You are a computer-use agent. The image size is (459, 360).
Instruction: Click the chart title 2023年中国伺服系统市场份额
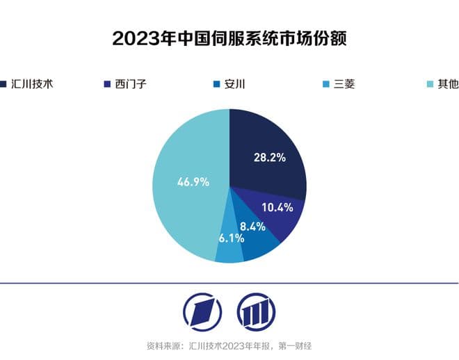229,38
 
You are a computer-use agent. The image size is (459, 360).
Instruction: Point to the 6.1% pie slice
229,250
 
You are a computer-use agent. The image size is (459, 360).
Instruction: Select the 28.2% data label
269,158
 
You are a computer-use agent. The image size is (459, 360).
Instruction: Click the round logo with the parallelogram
202,311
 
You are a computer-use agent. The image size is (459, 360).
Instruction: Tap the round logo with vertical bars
256,311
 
